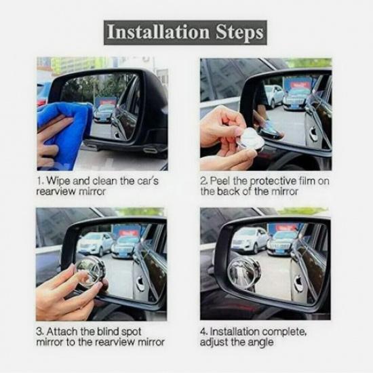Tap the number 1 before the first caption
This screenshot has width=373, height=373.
coord(39,181)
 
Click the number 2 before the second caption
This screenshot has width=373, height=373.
coord(203,181)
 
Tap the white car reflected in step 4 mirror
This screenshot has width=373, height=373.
coord(249,239)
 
